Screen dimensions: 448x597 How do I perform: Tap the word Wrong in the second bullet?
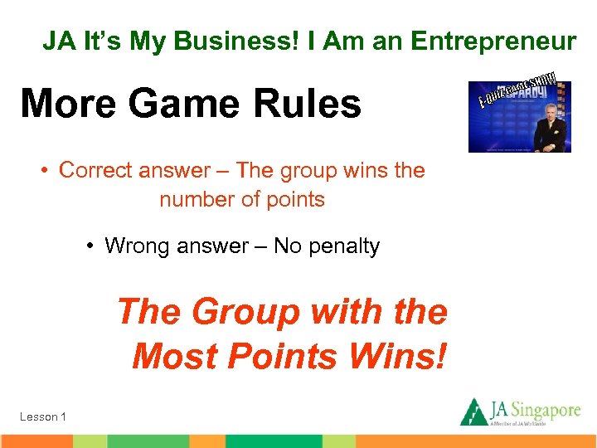136,246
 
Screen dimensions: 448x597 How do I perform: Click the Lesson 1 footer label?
43,416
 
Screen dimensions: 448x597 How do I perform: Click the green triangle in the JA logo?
473,411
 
